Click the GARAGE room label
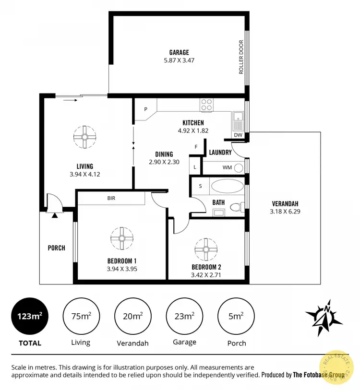[179, 52]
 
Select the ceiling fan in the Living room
[84, 137]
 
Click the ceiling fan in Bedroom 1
[122, 237]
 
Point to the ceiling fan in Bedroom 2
[206, 249]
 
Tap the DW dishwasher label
[238, 135]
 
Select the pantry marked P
[145, 109]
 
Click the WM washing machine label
[227, 167]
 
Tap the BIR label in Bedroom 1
[111, 198]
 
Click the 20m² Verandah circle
[132, 316]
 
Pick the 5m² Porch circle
[236, 316]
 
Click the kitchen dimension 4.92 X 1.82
[193, 130]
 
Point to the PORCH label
[56, 248]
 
